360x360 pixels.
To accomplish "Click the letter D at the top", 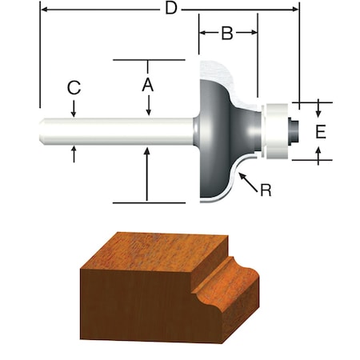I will [170, 10].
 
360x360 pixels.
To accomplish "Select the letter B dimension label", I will [226, 33].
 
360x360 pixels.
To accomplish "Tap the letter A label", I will [148, 82].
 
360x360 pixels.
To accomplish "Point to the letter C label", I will [74, 88].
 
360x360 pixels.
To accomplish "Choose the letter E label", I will [320, 131].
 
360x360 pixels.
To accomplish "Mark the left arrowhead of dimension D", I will [42, 10].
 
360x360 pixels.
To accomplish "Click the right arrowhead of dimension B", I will [254, 34].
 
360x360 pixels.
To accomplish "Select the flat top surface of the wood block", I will [160, 252].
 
